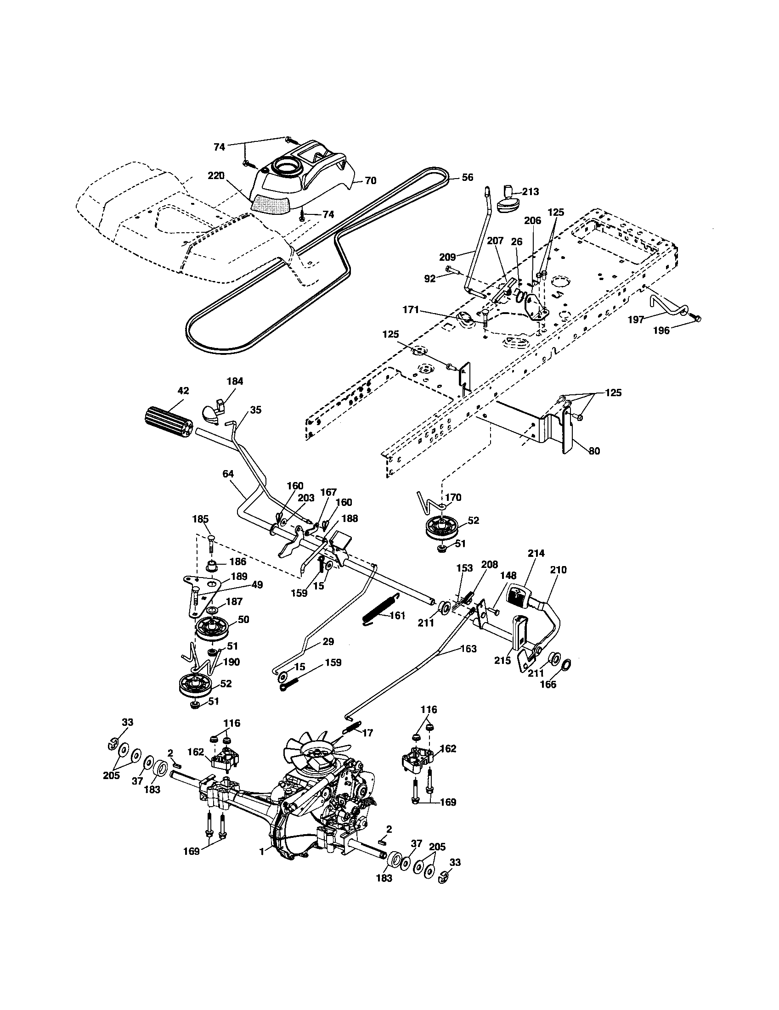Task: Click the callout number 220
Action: [216, 176]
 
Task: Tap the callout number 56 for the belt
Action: [467, 178]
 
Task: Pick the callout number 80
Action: [594, 450]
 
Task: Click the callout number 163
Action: [468, 649]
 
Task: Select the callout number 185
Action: [200, 519]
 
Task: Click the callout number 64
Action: [228, 474]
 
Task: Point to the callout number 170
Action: [453, 498]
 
